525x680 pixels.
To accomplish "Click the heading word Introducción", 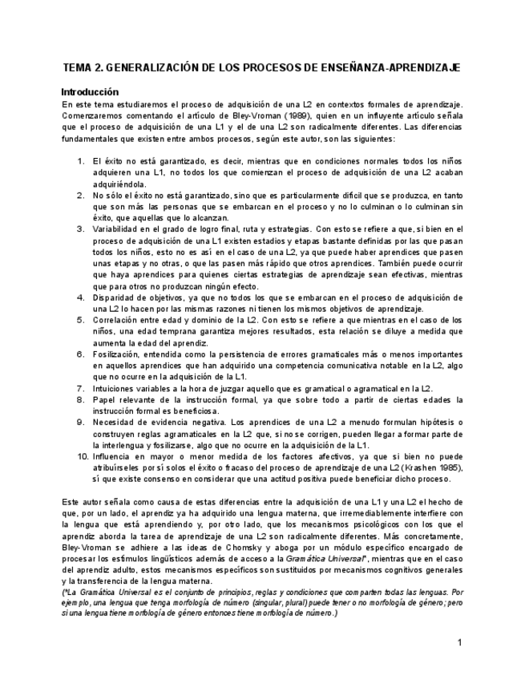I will click(x=90, y=91).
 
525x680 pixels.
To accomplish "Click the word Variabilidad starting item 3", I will click(x=117, y=229).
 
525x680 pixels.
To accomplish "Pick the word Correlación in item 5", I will click(x=116, y=319).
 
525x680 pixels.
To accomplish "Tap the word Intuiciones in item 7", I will click(x=115, y=387).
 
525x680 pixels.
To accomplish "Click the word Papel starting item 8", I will click(x=105, y=399).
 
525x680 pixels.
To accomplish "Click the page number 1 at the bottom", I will click(x=459, y=642).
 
